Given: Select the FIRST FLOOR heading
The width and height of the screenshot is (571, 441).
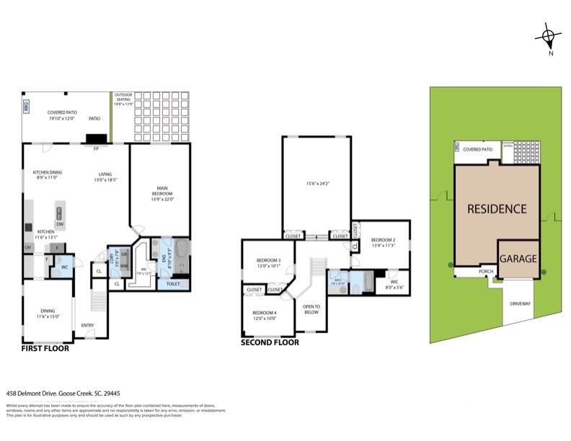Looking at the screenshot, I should coord(46,348).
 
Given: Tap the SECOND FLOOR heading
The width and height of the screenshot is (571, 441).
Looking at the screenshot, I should coord(270,342).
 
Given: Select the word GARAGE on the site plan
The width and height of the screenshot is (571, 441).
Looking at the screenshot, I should coord(518,258).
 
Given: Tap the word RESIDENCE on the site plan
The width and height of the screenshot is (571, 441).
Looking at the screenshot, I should coord(497,209).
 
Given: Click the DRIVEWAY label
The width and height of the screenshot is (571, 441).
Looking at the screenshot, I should coord(521,303).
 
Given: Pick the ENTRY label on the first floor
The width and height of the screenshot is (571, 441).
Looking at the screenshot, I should coord(88,325).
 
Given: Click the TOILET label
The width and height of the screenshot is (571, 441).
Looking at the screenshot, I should coord(173,284).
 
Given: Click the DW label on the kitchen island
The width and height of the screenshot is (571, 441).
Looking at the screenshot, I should coord(60,224).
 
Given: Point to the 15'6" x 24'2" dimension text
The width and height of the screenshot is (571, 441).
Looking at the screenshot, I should coord(318,184).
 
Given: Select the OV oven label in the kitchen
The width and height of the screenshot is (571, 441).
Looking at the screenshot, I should coord(28,247).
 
